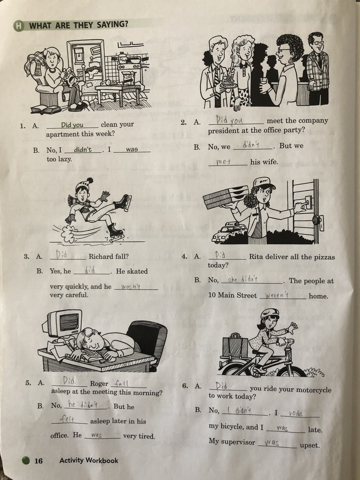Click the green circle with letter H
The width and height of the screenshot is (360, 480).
[x=19, y=26]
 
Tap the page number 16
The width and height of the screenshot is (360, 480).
[x=39, y=461]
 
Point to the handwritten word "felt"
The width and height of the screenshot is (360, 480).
[x=67, y=419]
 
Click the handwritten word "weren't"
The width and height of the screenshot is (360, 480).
[x=277, y=296]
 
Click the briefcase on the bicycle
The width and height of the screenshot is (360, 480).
[x=235, y=347]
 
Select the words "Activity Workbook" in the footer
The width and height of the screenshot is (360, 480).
[x=89, y=460]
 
